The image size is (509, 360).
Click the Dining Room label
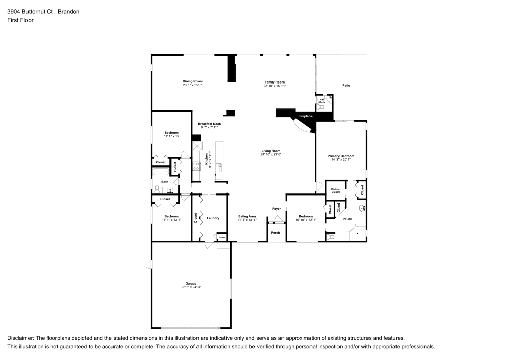(193, 81)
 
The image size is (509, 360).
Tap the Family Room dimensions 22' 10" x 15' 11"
(274, 86)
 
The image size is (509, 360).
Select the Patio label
(346, 86)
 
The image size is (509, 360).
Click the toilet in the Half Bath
(322, 107)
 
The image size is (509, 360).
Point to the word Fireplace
(305, 117)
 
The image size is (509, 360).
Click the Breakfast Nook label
(209, 124)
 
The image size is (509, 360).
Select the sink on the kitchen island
(219, 165)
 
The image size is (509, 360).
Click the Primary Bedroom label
(341, 156)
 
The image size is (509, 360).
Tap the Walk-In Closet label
(335, 190)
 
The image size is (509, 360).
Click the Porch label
(275, 233)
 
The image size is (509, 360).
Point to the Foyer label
(276, 209)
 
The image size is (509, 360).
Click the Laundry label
(213, 218)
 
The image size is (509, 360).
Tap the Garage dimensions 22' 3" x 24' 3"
(191, 287)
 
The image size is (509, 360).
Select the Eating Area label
(247, 217)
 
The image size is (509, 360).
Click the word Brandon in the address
(68, 11)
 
